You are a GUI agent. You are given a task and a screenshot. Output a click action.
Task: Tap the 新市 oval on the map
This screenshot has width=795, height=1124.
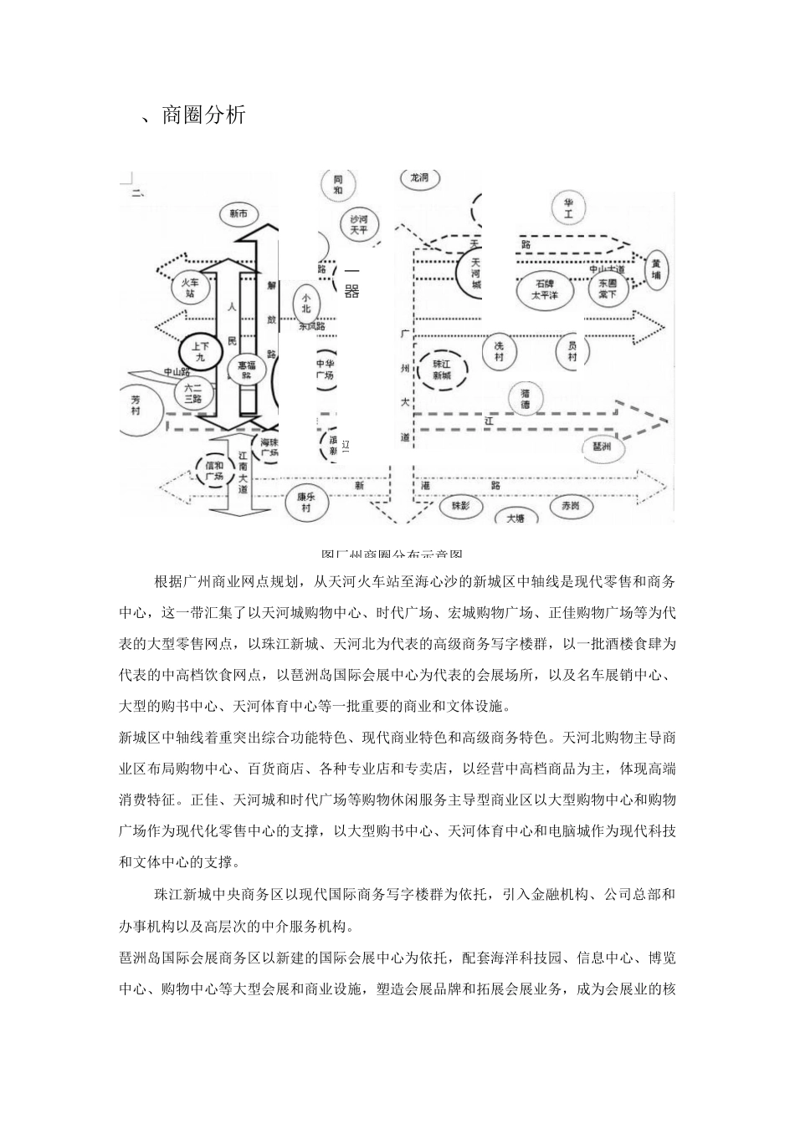(238, 214)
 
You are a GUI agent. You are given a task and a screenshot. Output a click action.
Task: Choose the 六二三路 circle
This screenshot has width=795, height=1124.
(193, 393)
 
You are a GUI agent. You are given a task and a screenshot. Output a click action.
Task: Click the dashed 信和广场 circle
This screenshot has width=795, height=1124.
(214, 471)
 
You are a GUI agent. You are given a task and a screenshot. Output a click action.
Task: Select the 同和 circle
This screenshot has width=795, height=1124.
(337, 185)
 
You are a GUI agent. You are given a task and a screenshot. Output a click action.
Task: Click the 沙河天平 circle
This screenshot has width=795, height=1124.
(358, 224)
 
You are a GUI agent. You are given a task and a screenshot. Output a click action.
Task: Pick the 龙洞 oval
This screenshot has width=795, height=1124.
(418, 178)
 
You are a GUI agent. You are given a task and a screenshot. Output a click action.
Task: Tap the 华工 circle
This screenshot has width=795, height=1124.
(568, 209)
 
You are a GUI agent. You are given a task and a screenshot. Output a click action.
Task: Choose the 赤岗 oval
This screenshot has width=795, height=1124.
(570, 505)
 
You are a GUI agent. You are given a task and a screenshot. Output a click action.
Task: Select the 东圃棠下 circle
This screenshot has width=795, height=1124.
(608, 289)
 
